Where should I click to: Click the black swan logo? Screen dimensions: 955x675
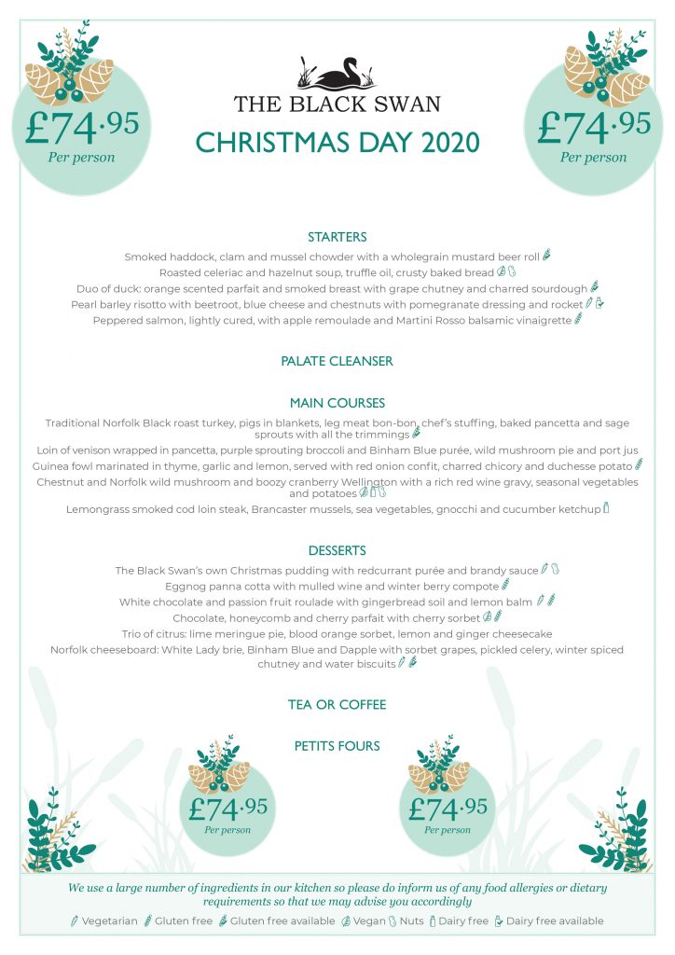337,75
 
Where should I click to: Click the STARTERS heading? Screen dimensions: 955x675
337,237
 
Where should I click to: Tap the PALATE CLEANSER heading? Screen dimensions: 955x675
337,360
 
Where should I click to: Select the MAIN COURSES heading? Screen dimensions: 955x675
337,403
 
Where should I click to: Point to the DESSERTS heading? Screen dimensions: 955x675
337,550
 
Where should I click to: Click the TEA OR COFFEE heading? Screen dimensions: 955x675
337,704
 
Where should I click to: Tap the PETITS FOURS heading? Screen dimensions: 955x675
337,746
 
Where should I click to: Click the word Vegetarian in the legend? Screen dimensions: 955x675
109,921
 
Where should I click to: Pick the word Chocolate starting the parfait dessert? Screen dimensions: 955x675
202,617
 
